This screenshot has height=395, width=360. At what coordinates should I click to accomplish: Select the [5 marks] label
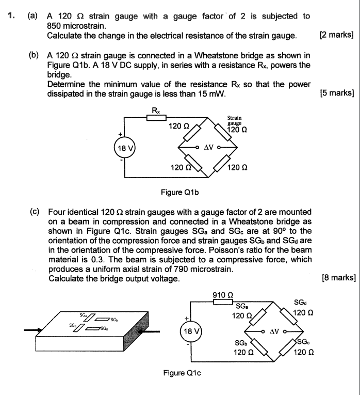tap(336, 93)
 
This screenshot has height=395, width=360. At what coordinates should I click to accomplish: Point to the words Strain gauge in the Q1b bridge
tap(235, 121)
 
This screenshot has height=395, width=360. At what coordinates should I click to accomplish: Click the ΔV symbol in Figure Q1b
tap(208, 147)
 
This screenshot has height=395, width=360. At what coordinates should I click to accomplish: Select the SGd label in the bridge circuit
tap(299, 303)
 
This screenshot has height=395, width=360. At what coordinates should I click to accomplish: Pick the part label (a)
tap(32, 16)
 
